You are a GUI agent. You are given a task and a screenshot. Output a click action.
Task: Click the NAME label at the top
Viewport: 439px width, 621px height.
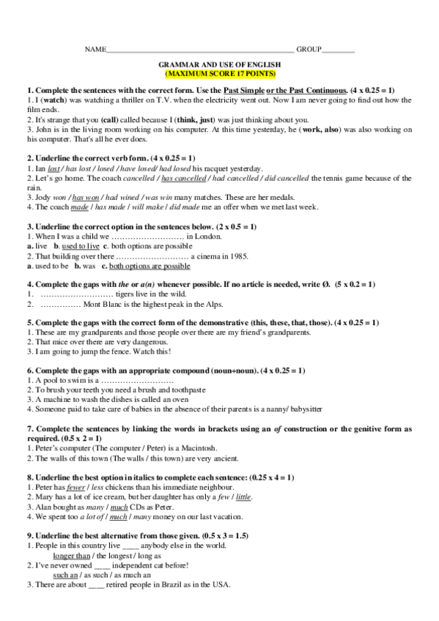tap(95, 49)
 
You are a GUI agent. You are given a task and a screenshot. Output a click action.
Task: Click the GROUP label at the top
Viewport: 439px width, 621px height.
tap(308, 49)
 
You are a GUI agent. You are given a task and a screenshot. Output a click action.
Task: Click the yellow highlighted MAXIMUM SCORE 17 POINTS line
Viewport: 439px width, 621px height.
tap(219, 74)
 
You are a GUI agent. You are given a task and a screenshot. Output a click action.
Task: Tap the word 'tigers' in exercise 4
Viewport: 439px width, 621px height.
tap(108, 294)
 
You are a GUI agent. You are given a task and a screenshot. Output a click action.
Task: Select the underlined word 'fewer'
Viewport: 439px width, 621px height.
tap(76, 486)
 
